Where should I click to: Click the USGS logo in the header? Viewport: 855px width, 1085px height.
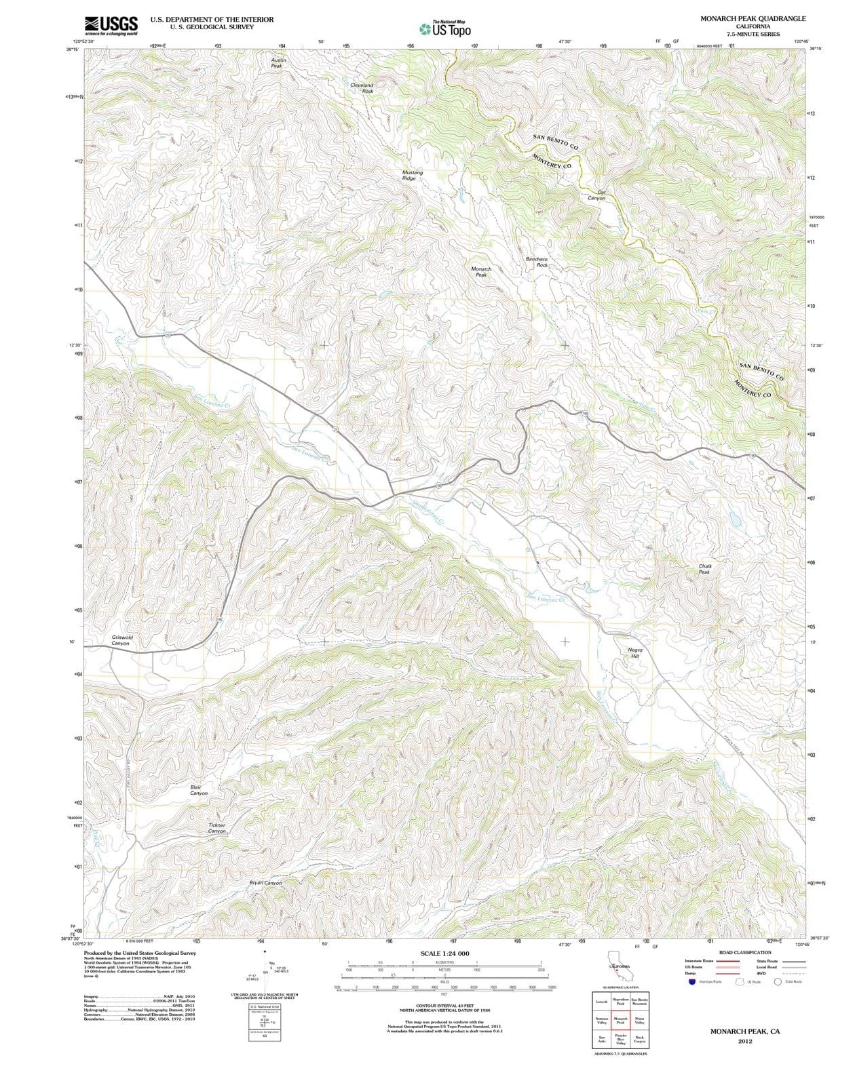[111, 25]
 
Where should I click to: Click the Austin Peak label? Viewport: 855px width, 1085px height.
[277, 63]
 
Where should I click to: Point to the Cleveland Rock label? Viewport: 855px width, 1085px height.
[362, 88]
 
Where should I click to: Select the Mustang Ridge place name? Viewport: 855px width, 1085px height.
[412, 175]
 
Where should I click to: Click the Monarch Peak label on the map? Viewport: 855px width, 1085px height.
[481, 272]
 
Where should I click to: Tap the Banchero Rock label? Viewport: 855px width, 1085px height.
[537, 262]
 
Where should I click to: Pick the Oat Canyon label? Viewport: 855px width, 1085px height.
[596, 195]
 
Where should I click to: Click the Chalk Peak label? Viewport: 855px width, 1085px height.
[704, 569]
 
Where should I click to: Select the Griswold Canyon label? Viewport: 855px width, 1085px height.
[122, 640]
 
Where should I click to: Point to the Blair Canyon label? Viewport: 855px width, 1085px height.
[199, 790]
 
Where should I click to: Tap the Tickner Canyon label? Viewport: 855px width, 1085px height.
[216, 828]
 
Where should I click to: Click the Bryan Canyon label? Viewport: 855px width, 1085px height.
[265, 883]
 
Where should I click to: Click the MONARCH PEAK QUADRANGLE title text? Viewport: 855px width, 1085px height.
[753, 19]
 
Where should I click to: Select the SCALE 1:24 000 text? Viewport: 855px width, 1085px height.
[444, 953]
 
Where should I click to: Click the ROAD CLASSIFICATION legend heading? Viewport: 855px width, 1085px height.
[744, 953]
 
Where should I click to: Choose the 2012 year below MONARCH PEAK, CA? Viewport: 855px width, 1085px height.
[744, 1042]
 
